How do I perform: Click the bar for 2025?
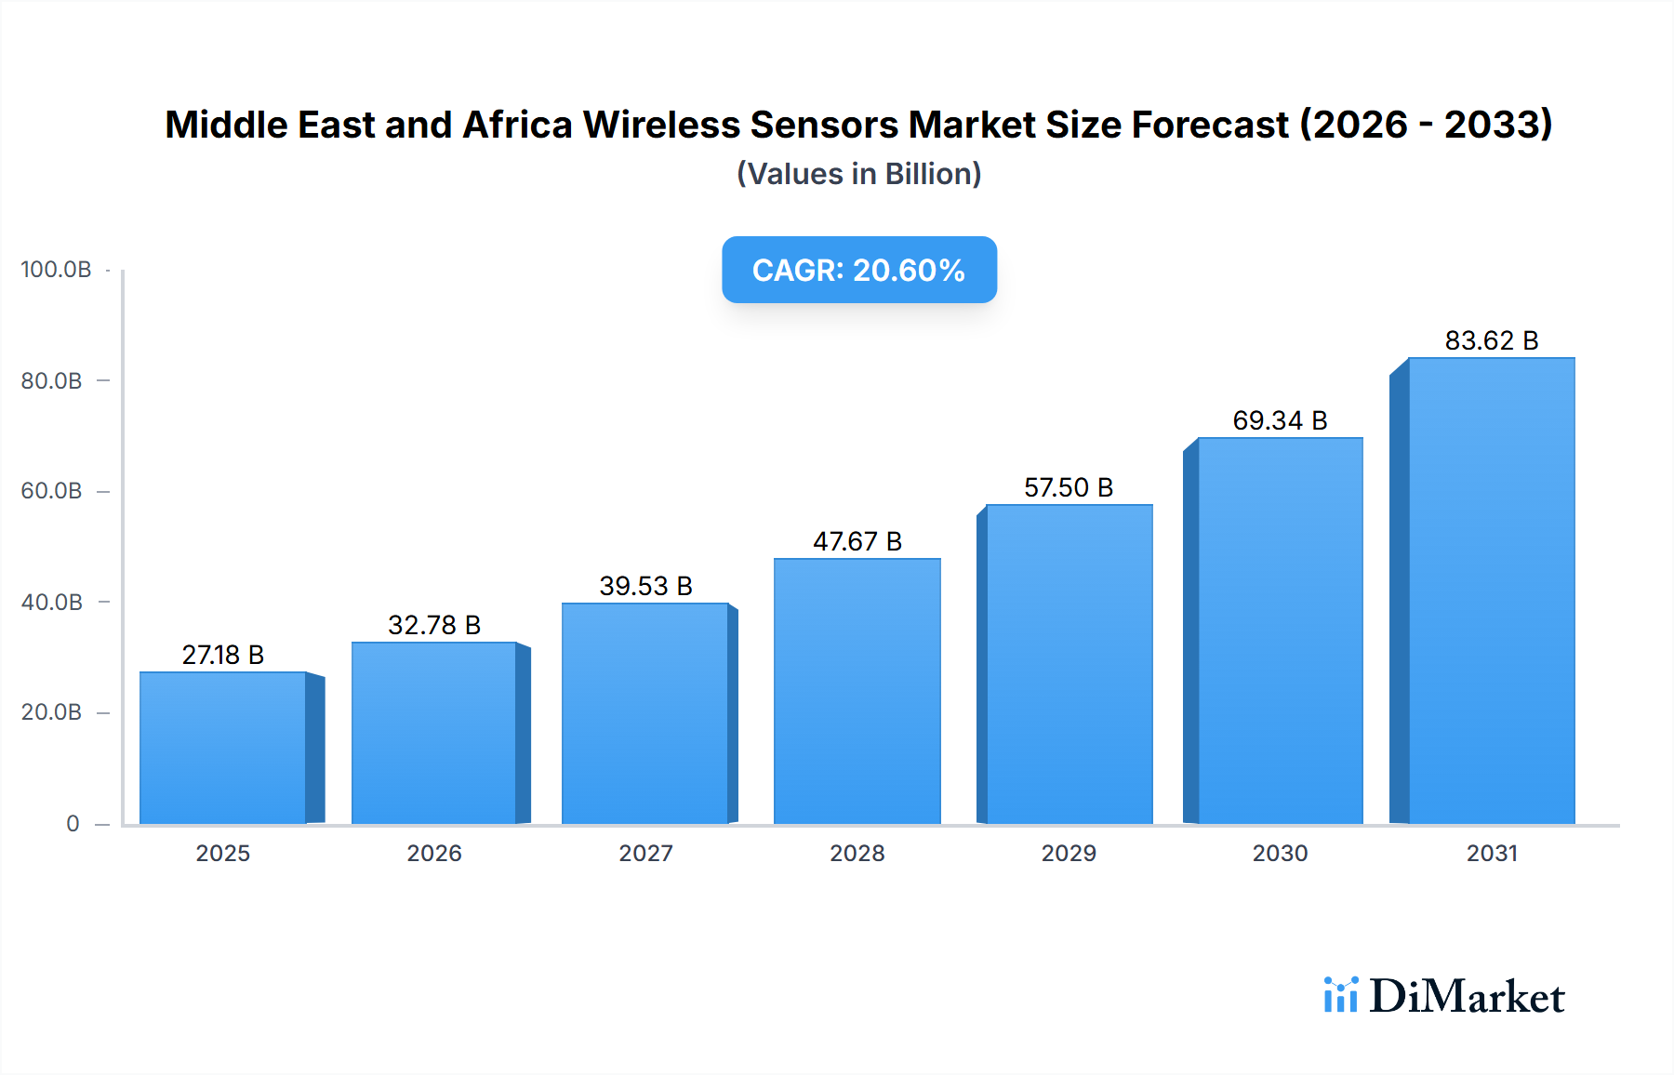click(x=223, y=749)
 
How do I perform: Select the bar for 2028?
click(x=857, y=692)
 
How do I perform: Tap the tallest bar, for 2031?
click(x=1491, y=591)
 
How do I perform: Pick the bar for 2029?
click(x=1069, y=665)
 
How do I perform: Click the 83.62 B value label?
click(x=1491, y=340)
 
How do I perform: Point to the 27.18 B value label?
click(x=223, y=655)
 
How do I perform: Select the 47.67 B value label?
click(x=857, y=541)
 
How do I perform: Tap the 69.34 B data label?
click(x=1280, y=420)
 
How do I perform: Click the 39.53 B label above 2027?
click(x=645, y=586)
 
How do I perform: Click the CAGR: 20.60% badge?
click(x=858, y=270)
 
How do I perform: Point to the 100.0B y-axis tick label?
click(x=56, y=270)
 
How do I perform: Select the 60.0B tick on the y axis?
click(x=51, y=491)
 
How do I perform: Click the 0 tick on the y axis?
click(x=73, y=824)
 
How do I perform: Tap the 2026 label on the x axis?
click(x=434, y=854)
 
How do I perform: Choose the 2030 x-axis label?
click(x=1280, y=854)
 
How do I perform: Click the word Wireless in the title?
click(x=661, y=125)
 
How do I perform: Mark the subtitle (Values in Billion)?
click(x=858, y=174)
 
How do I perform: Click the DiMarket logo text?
click(x=1467, y=997)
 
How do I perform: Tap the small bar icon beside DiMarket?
click(x=1340, y=995)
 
